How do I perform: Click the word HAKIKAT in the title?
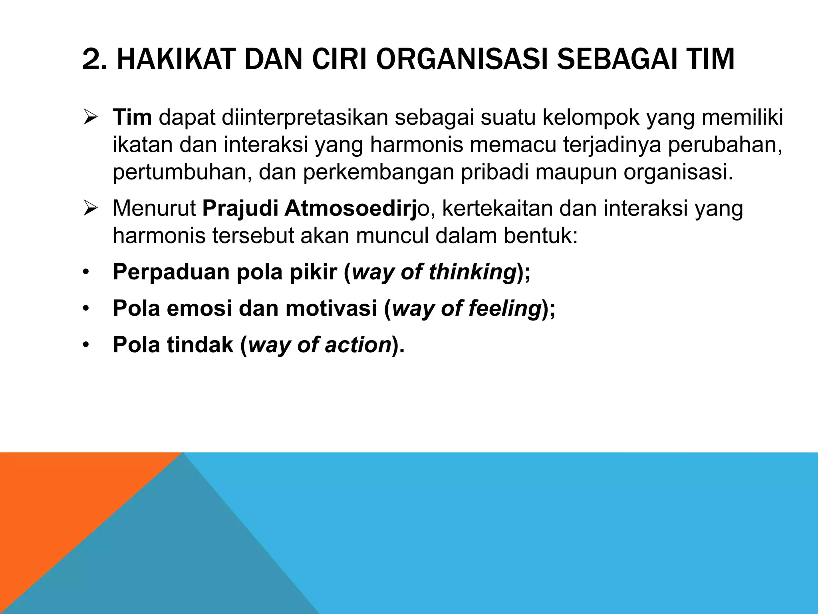pos(176,59)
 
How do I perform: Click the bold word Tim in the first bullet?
pos(132,118)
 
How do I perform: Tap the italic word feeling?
pos(505,309)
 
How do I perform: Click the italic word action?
pos(357,345)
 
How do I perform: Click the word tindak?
pos(200,345)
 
